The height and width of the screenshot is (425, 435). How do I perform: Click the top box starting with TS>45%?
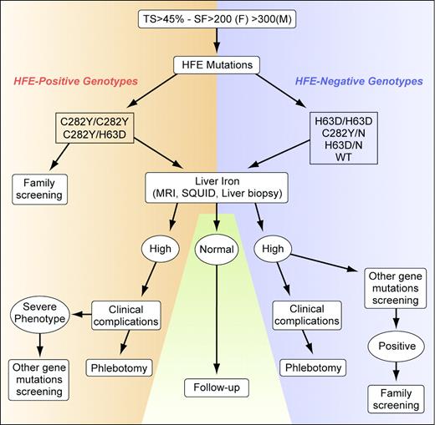click(x=217, y=17)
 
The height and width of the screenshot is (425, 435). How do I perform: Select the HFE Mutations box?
click(x=217, y=63)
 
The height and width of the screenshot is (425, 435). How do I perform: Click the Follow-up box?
click(x=217, y=388)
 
